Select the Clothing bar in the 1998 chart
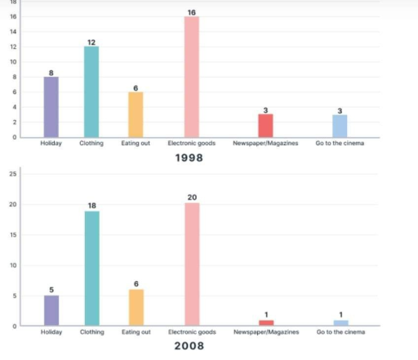[91, 91]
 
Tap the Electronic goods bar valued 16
[192, 77]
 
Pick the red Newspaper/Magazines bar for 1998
[265, 126]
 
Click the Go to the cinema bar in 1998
[340, 126]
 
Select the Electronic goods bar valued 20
[192, 264]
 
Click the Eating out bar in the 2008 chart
[136, 307]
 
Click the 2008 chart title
[189, 345]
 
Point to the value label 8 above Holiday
[51, 72]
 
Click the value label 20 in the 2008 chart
[192, 197]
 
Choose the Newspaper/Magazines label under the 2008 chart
[265, 332]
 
